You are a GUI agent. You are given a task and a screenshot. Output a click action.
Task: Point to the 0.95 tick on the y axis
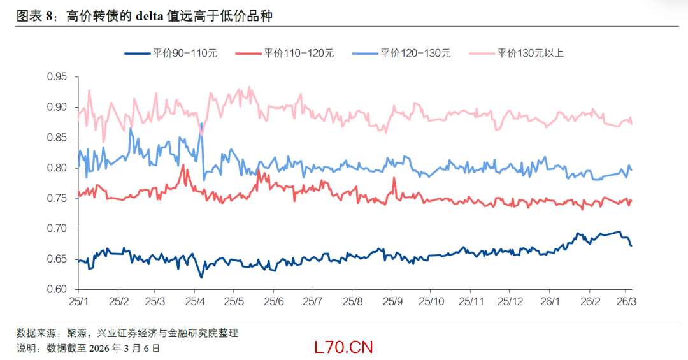pyautogui.click(x=57, y=76)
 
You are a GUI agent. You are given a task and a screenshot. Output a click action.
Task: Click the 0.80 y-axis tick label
pyautogui.click(x=57, y=168)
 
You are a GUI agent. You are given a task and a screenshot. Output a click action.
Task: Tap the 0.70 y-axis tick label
pyautogui.click(x=57, y=229)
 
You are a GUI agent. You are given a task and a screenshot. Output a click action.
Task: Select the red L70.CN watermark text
pyautogui.click(x=343, y=347)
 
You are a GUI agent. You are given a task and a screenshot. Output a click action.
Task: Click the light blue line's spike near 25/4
pyautogui.click(x=201, y=124)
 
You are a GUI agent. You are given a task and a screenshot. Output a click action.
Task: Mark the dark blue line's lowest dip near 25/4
pyautogui.click(x=201, y=277)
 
